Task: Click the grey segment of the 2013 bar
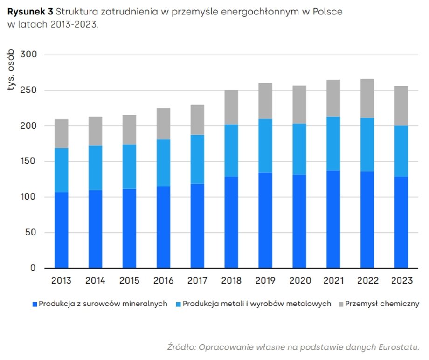point(61,133)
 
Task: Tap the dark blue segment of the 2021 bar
point(333,219)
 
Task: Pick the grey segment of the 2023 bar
point(401,106)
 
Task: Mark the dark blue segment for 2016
point(163,227)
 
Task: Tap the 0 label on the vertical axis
point(33,268)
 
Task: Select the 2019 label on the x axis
point(265,281)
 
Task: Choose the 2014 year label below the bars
point(95,281)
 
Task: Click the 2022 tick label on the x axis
point(367,281)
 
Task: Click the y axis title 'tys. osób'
point(12,71)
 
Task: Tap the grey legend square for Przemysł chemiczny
point(340,304)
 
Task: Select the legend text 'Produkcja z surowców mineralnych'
point(103,304)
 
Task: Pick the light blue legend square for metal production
point(178,304)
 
